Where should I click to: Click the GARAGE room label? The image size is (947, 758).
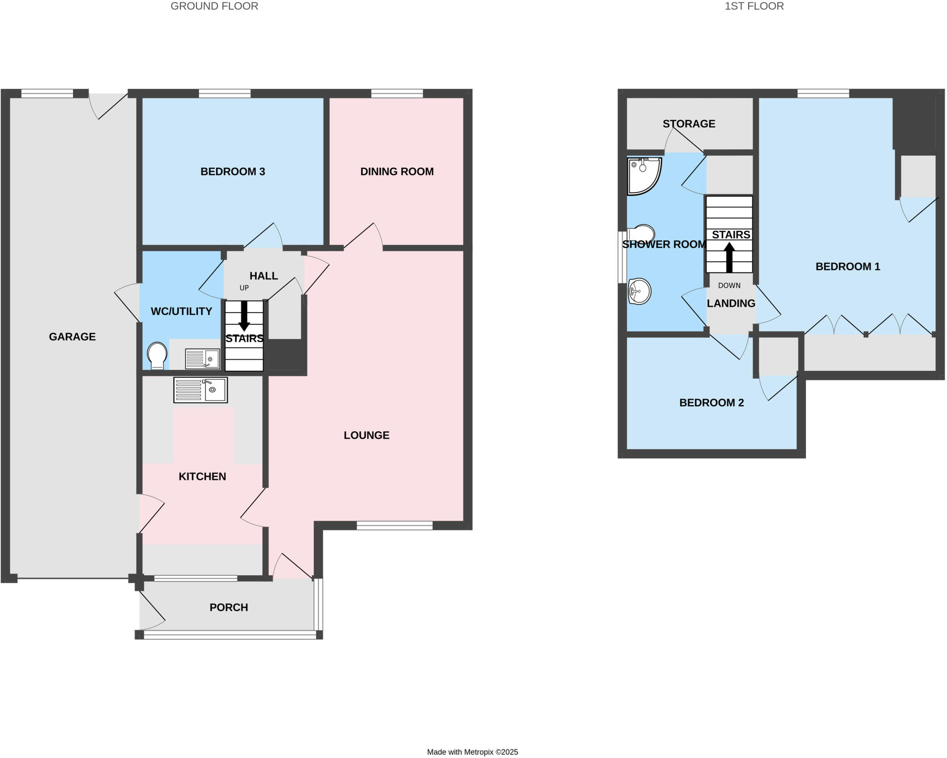[72, 337]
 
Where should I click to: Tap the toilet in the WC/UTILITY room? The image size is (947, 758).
[157, 355]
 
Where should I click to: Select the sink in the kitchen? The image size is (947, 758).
[201, 390]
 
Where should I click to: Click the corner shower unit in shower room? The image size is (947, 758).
[643, 175]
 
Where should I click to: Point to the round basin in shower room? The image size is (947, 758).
[639, 291]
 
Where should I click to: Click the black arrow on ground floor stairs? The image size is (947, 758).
[244, 316]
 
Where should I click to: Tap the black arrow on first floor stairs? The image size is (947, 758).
[729, 258]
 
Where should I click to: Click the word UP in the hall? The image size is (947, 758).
[244, 288]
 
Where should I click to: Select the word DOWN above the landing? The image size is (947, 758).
[729, 285]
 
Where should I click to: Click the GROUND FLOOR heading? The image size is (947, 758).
[214, 6]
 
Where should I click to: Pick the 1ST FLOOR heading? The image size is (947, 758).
[754, 6]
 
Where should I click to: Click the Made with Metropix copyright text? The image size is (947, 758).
[472, 752]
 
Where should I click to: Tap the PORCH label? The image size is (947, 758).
[228, 607]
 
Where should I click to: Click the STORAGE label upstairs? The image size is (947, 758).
[689, 123]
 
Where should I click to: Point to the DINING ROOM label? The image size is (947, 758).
[397, 172]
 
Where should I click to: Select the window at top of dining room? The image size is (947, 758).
[397, 94]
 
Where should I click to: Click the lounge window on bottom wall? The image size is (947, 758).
[394, 525]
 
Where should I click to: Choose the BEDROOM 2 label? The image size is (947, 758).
[711, 403]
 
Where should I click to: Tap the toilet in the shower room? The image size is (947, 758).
[642, 234]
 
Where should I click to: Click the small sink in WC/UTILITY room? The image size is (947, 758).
[203, 359]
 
